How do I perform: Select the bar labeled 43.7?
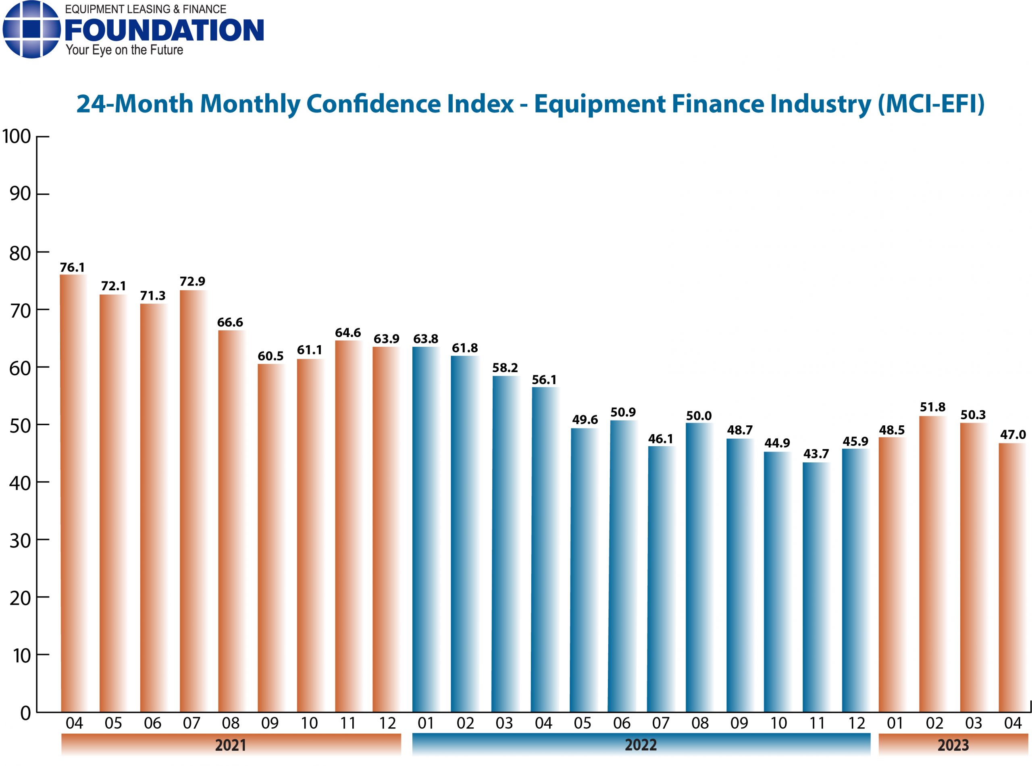(x=816, y=587)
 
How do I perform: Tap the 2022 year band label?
(x=640, y=745)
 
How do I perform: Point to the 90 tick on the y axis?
(x=20, y=194)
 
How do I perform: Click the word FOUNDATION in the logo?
(x=164, y=30)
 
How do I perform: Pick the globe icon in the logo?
(x=31, y=29)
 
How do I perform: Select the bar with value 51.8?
(x=932, y=563)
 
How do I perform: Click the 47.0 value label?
(x=1013, y=435)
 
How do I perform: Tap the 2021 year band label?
(x=231, y=745)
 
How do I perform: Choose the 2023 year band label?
(x=953, y=745)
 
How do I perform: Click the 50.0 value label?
(x=699, y=416)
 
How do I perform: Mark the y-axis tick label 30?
(x=20, y=541)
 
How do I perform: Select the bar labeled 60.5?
(x=271, y=538)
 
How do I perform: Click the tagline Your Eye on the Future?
(x=124, y=50)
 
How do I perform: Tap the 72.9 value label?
(x=192, y=281)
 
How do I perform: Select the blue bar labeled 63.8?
(x=425, y=529)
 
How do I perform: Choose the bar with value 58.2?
(x=505, y=543)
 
